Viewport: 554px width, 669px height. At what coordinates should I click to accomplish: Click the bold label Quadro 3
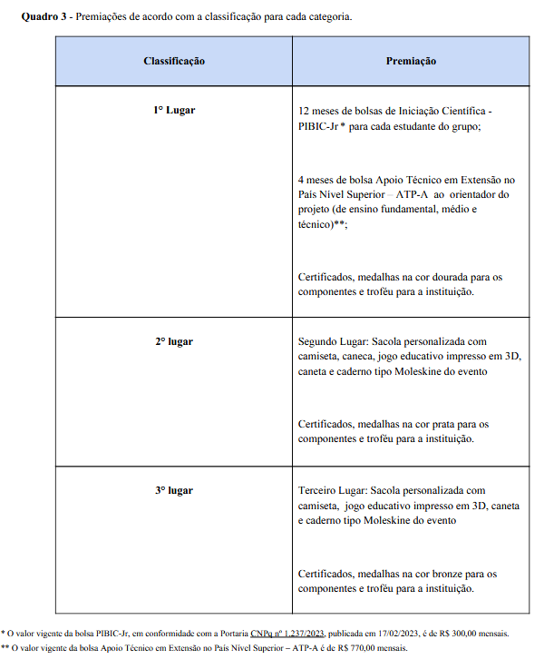(x=42, y=17)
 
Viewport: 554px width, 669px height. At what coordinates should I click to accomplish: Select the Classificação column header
(x=174, y=61)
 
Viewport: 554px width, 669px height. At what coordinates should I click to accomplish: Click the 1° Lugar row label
(x=174, y=110)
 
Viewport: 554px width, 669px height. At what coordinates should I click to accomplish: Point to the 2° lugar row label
(x=174, y=341)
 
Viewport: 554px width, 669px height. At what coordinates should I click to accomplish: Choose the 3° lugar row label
(x=174, y=490)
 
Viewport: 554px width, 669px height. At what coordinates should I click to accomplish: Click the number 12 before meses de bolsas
(x=304, y=111)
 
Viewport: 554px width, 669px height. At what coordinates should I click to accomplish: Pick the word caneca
(x=356, y=357)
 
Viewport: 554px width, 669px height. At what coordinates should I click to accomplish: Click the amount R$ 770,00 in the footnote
(x=352, y=648)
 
